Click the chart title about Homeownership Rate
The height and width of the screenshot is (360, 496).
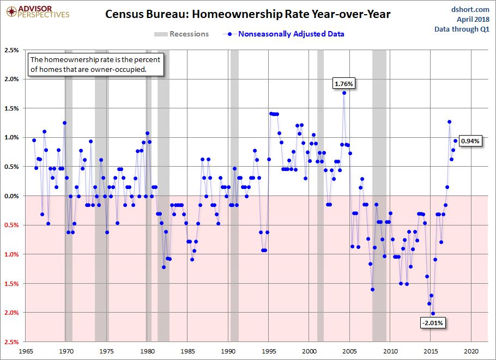[x=247, y=14]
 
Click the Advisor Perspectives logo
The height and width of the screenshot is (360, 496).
[x=38, y=12]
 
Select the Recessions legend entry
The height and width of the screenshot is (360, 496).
[x=182, y=34]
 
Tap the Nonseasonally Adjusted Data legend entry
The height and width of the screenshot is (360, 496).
[x=283, y=34]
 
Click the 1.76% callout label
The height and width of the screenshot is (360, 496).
[x=344, y=84]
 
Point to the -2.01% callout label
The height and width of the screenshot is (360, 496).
[x=433, y=323]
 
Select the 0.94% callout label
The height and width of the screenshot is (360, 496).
[x=470, y=141]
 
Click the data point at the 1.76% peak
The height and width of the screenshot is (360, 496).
[x=344, y=93]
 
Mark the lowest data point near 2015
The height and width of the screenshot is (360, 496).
[x=433, y=314]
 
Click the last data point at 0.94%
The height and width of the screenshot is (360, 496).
[x=456, y=141]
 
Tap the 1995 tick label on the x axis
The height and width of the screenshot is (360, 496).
[x=269, y=351]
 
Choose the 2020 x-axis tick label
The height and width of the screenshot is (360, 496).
[x=471, y=351]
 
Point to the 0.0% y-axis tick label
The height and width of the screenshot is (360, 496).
[x=11, y=196]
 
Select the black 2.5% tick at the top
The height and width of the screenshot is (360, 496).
[x=11, y=50]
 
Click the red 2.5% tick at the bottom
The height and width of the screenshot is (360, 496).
[x=11, y=342]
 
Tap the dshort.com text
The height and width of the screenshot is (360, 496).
[x=470, y=9]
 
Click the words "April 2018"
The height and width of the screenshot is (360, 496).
[x=473, y=19]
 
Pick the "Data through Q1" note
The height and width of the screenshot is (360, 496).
[x=462, y=29]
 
